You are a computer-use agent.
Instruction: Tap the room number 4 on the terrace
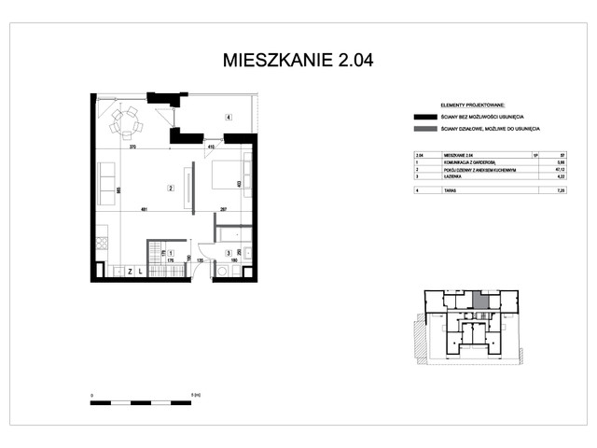coord(228,117)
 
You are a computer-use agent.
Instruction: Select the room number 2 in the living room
coord(170,189)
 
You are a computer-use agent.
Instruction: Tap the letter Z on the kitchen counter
coord(128,272)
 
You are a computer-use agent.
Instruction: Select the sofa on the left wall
coord(105,185)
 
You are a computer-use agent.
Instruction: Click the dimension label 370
coord(133,147)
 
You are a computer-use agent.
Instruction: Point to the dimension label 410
coord(211,147)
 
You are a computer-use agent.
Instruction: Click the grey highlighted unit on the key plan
coord(479,301)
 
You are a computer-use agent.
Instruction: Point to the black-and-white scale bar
coord(141,402)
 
